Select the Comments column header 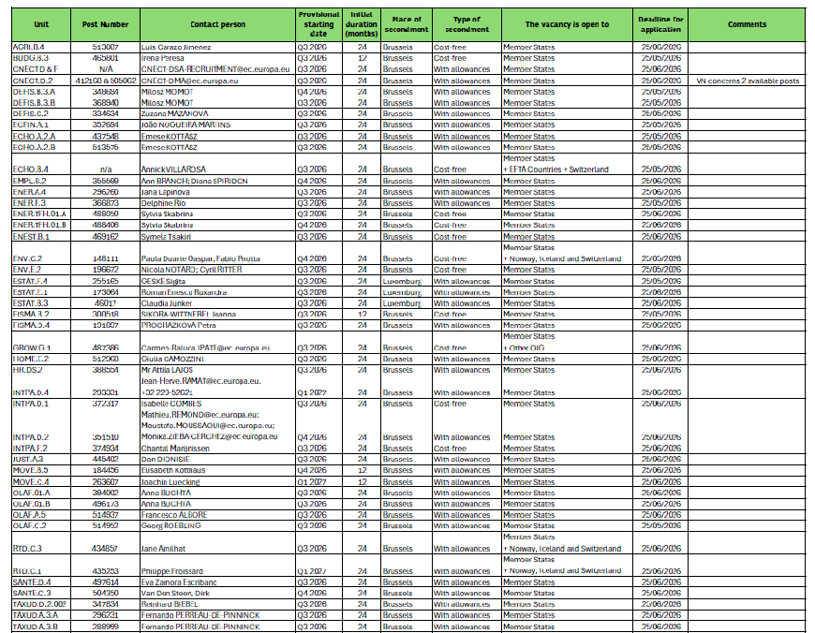tap(747, 24)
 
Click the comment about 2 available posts tap(748, 81)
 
